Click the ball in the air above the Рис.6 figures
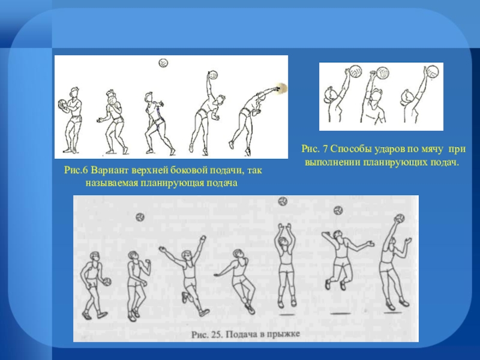(163, 63)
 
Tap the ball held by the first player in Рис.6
(62, 104)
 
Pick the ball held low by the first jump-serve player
(107, 281)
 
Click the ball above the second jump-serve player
(140, 217)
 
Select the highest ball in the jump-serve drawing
(283, 202)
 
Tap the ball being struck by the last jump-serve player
(400, 218)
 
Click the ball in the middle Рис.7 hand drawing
(383, 73)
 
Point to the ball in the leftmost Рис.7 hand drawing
(356, 71)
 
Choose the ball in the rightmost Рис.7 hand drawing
(431, 71)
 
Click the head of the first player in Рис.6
(74, 92)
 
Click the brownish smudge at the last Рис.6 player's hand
(281, 88)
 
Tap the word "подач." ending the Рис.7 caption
(445, 162)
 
